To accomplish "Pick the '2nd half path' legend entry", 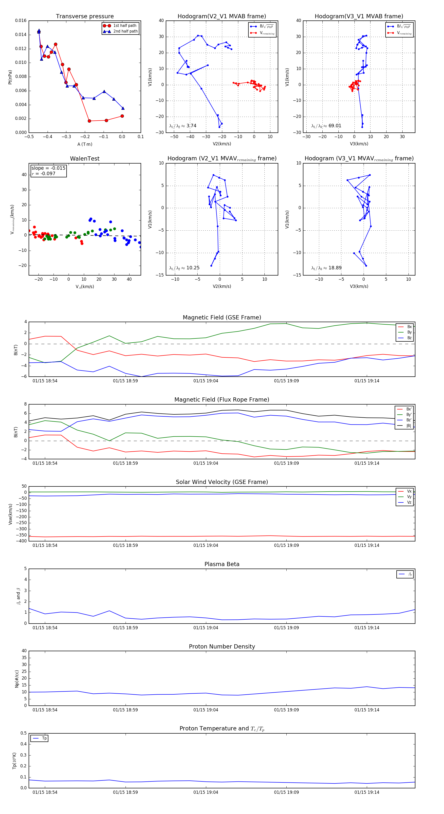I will click(x=125, y=31).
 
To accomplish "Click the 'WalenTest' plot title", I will click(x=85, y=159).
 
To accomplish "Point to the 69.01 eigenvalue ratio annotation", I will click(x=326, y=126).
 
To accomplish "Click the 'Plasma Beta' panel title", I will click(x=222, y=564).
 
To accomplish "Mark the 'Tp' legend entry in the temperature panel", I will click(x=44, y=738).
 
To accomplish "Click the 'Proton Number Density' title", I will click(x=222, y=646).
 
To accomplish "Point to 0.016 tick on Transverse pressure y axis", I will click(x=21, y=20).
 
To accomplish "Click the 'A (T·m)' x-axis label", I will click(x=85, y=144).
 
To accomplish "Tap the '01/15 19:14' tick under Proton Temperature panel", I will click(x=367, y=792).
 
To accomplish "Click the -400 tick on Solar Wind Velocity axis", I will click(x=21, y=541).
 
